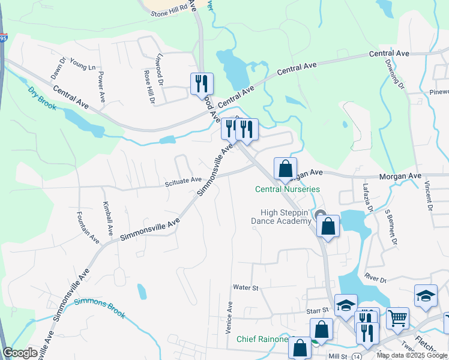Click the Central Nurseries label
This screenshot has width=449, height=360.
pos(288,189)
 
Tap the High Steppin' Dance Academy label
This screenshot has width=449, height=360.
pos(285,217)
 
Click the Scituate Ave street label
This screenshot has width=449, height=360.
pos(184,180)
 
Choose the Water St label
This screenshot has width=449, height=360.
pos(246,288)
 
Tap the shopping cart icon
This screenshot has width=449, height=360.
pos(397,317)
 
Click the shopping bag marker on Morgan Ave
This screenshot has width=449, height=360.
pos(285,168)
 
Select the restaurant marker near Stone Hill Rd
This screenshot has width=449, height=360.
pos(202,83)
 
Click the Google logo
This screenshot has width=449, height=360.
pos(20,353)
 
